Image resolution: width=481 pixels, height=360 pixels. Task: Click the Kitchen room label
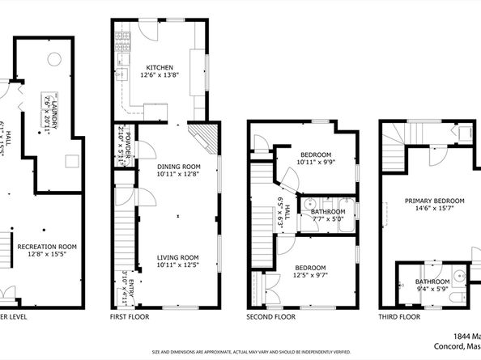(158, 67)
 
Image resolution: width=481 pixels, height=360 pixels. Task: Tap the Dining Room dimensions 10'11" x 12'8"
(177, 173)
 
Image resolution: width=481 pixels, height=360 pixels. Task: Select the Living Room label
(177, 257)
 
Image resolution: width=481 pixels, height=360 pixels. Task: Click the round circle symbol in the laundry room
(53, 58)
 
